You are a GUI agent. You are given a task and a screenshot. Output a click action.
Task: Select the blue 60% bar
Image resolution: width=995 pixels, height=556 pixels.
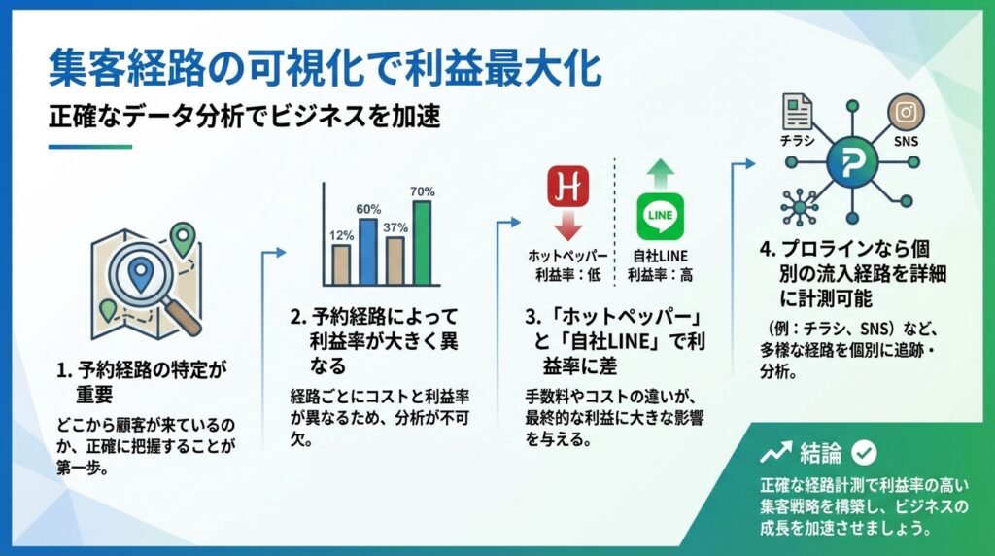tap(367, 250)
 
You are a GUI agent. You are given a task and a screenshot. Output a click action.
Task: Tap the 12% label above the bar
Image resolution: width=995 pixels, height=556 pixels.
tap(341, 234)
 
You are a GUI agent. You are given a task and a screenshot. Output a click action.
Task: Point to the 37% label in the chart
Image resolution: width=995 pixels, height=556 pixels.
tap(395, 227)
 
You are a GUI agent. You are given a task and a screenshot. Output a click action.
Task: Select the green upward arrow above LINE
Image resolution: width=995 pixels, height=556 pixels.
tap(660, 170)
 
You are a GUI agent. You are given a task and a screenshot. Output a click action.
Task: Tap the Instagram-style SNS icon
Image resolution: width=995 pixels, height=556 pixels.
tap(907, 112)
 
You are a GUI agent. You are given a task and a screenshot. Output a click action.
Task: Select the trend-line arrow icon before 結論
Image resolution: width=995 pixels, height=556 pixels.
tap(774, 453)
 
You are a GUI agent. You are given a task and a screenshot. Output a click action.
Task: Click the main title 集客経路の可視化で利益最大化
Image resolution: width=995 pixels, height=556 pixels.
tap(325, 70)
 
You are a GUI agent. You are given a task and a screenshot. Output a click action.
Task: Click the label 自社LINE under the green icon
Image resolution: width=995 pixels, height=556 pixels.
tap(660, 256)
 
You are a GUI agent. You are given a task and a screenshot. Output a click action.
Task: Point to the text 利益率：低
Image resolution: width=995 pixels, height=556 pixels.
tap(568, 275)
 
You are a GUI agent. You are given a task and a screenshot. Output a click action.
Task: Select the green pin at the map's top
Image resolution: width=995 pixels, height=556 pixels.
tap(182, 235)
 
